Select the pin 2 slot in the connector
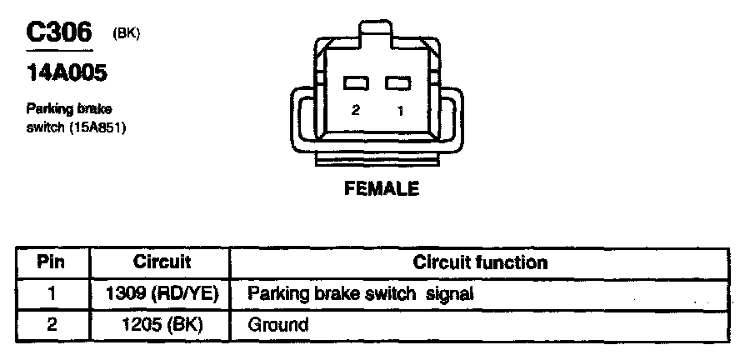[x=357, y=83]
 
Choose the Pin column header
[x=52, y=262]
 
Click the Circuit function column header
[x=480, y=262]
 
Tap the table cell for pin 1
[x=52, y=293]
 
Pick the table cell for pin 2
[x=52, y=323]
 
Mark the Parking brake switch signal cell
[x=361, y=293]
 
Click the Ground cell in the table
[x=278, y=323]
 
